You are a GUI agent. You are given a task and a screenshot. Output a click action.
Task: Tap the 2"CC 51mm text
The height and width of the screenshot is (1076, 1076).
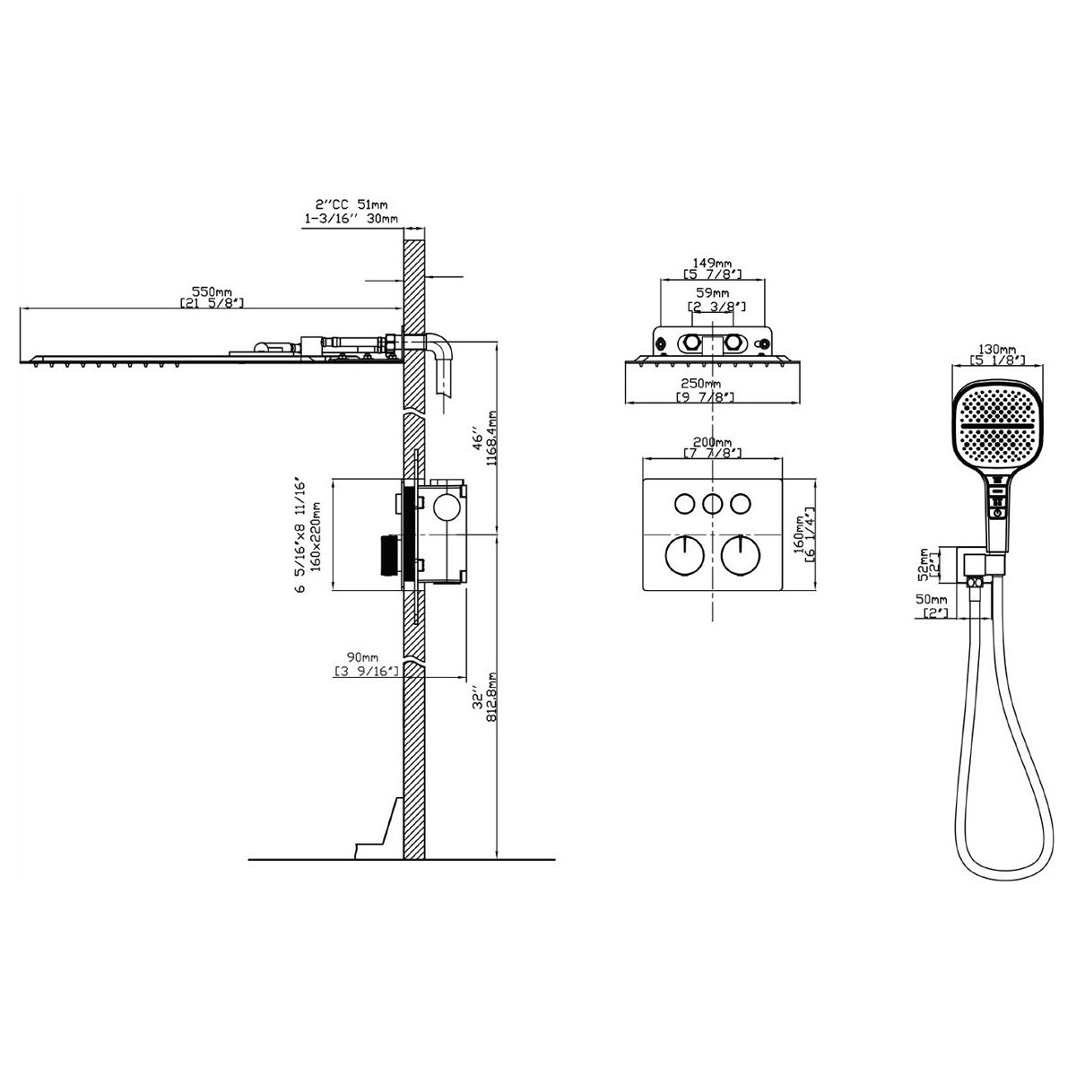coord(351,205)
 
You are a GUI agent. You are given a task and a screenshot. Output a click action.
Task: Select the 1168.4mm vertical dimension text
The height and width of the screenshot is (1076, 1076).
coord(491,447)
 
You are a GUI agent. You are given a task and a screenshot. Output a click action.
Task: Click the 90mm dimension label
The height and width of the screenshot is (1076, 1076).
coord(362,656)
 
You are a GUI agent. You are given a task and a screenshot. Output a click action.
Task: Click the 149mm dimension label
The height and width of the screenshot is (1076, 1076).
coord(712,263)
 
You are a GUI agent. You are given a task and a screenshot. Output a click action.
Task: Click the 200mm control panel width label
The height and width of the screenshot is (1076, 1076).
coord(712,443)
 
